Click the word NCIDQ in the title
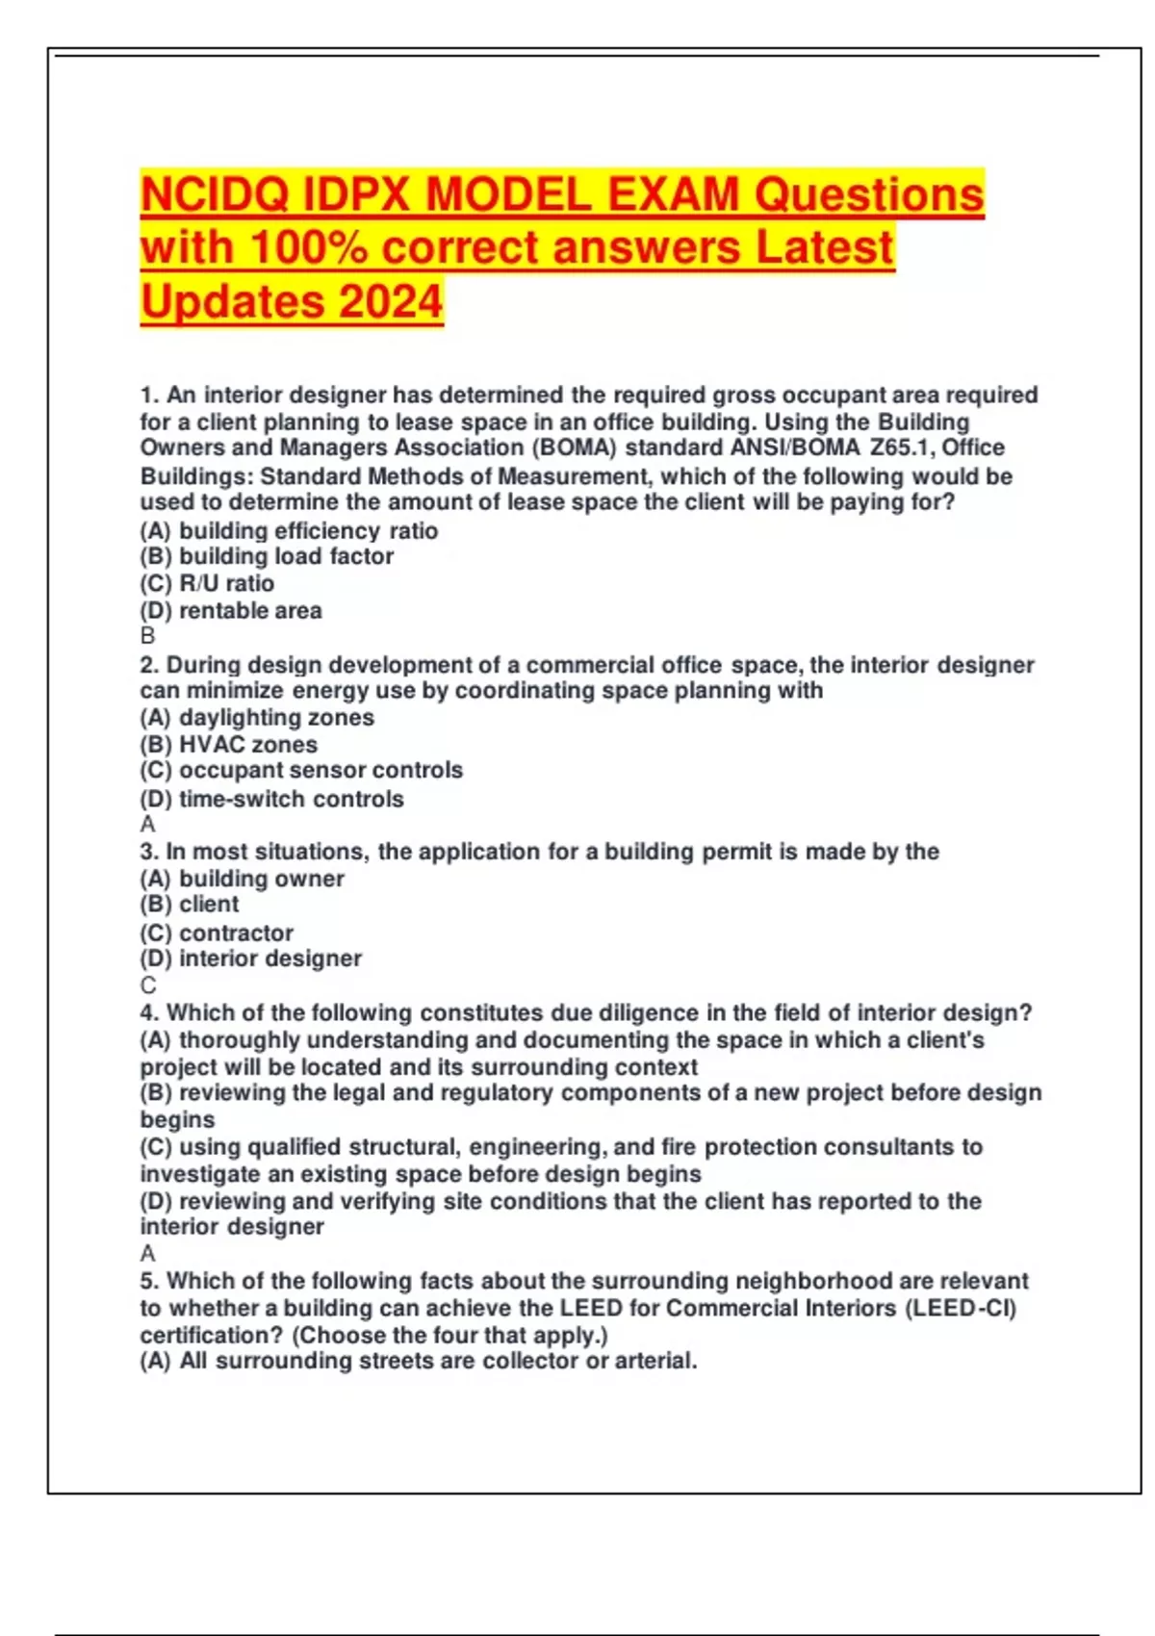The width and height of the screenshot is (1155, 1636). coord(215,195)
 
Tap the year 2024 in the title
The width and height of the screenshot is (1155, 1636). coord(390,301)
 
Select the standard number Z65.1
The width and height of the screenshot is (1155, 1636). coord(902,447)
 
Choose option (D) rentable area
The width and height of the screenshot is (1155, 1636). coord(231,610)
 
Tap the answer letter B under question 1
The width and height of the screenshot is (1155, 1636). coord(147,636)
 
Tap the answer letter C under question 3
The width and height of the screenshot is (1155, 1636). coord(147,985)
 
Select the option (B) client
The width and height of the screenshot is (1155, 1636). coord(190,905)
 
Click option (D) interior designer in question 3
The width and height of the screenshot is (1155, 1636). coord(251,959)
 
